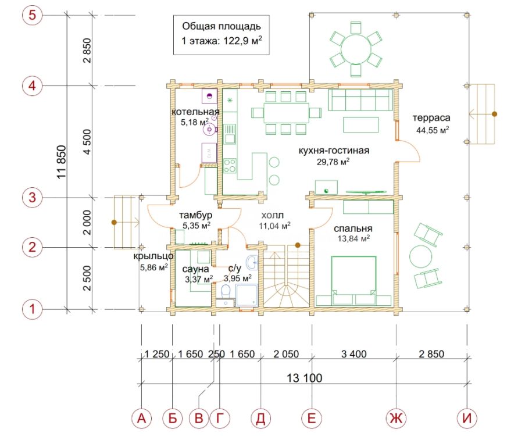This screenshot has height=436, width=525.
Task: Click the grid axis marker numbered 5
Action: (x=32, y=15)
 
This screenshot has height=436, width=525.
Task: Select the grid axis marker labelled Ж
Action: (x=397, y=418)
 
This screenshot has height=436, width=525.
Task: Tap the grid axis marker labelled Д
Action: (x=260, y=418)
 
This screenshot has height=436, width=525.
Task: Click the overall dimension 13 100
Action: (x=304, y=378)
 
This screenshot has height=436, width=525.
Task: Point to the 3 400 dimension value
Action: (x=354, y=354)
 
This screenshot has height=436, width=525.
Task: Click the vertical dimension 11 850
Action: (x=62, y=162)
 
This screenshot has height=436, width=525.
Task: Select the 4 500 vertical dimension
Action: (x=87, y=142)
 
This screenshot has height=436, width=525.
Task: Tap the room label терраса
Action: (x=431, y=118)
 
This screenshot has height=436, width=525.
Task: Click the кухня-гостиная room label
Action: (x=334, y=151)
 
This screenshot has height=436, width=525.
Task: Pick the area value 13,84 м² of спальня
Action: (x=353, y=238)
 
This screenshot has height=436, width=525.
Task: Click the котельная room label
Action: (x=195, y=112)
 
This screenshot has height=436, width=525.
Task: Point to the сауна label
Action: (x=195, y=269)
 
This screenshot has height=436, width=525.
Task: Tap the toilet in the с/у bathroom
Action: (x=226, y=291)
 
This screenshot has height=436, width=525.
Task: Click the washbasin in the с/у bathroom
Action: (x=252, y=262)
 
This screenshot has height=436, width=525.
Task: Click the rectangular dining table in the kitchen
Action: (x=286, y=113)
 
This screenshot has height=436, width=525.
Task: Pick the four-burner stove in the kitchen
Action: (x=230, y=166)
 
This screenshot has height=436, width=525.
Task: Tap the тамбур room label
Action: (x=195, y=215)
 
